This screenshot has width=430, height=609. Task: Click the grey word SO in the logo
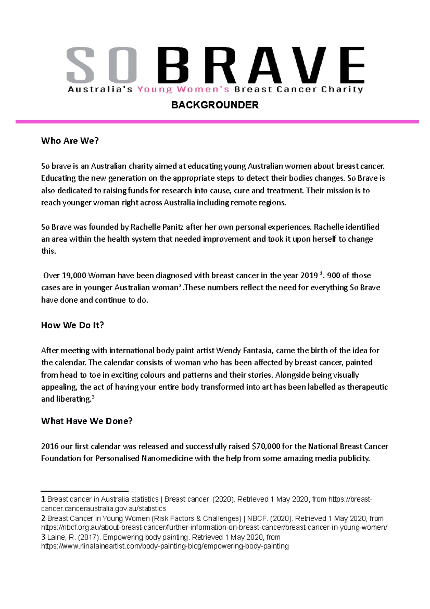101,65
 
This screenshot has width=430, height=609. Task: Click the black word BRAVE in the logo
261,65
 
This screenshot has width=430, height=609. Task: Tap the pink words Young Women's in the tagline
183,89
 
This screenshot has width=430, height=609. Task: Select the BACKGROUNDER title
215,105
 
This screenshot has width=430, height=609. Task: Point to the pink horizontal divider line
217,122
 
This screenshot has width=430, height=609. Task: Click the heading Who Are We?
70,141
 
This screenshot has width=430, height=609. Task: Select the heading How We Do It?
72,325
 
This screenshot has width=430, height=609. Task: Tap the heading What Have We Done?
87,421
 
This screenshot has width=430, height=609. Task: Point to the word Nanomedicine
167,458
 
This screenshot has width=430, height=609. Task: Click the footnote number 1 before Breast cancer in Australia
43,499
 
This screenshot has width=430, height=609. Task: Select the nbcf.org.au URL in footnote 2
214,528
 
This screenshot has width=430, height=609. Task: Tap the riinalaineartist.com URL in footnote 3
165,546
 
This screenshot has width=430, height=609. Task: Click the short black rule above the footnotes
85,491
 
